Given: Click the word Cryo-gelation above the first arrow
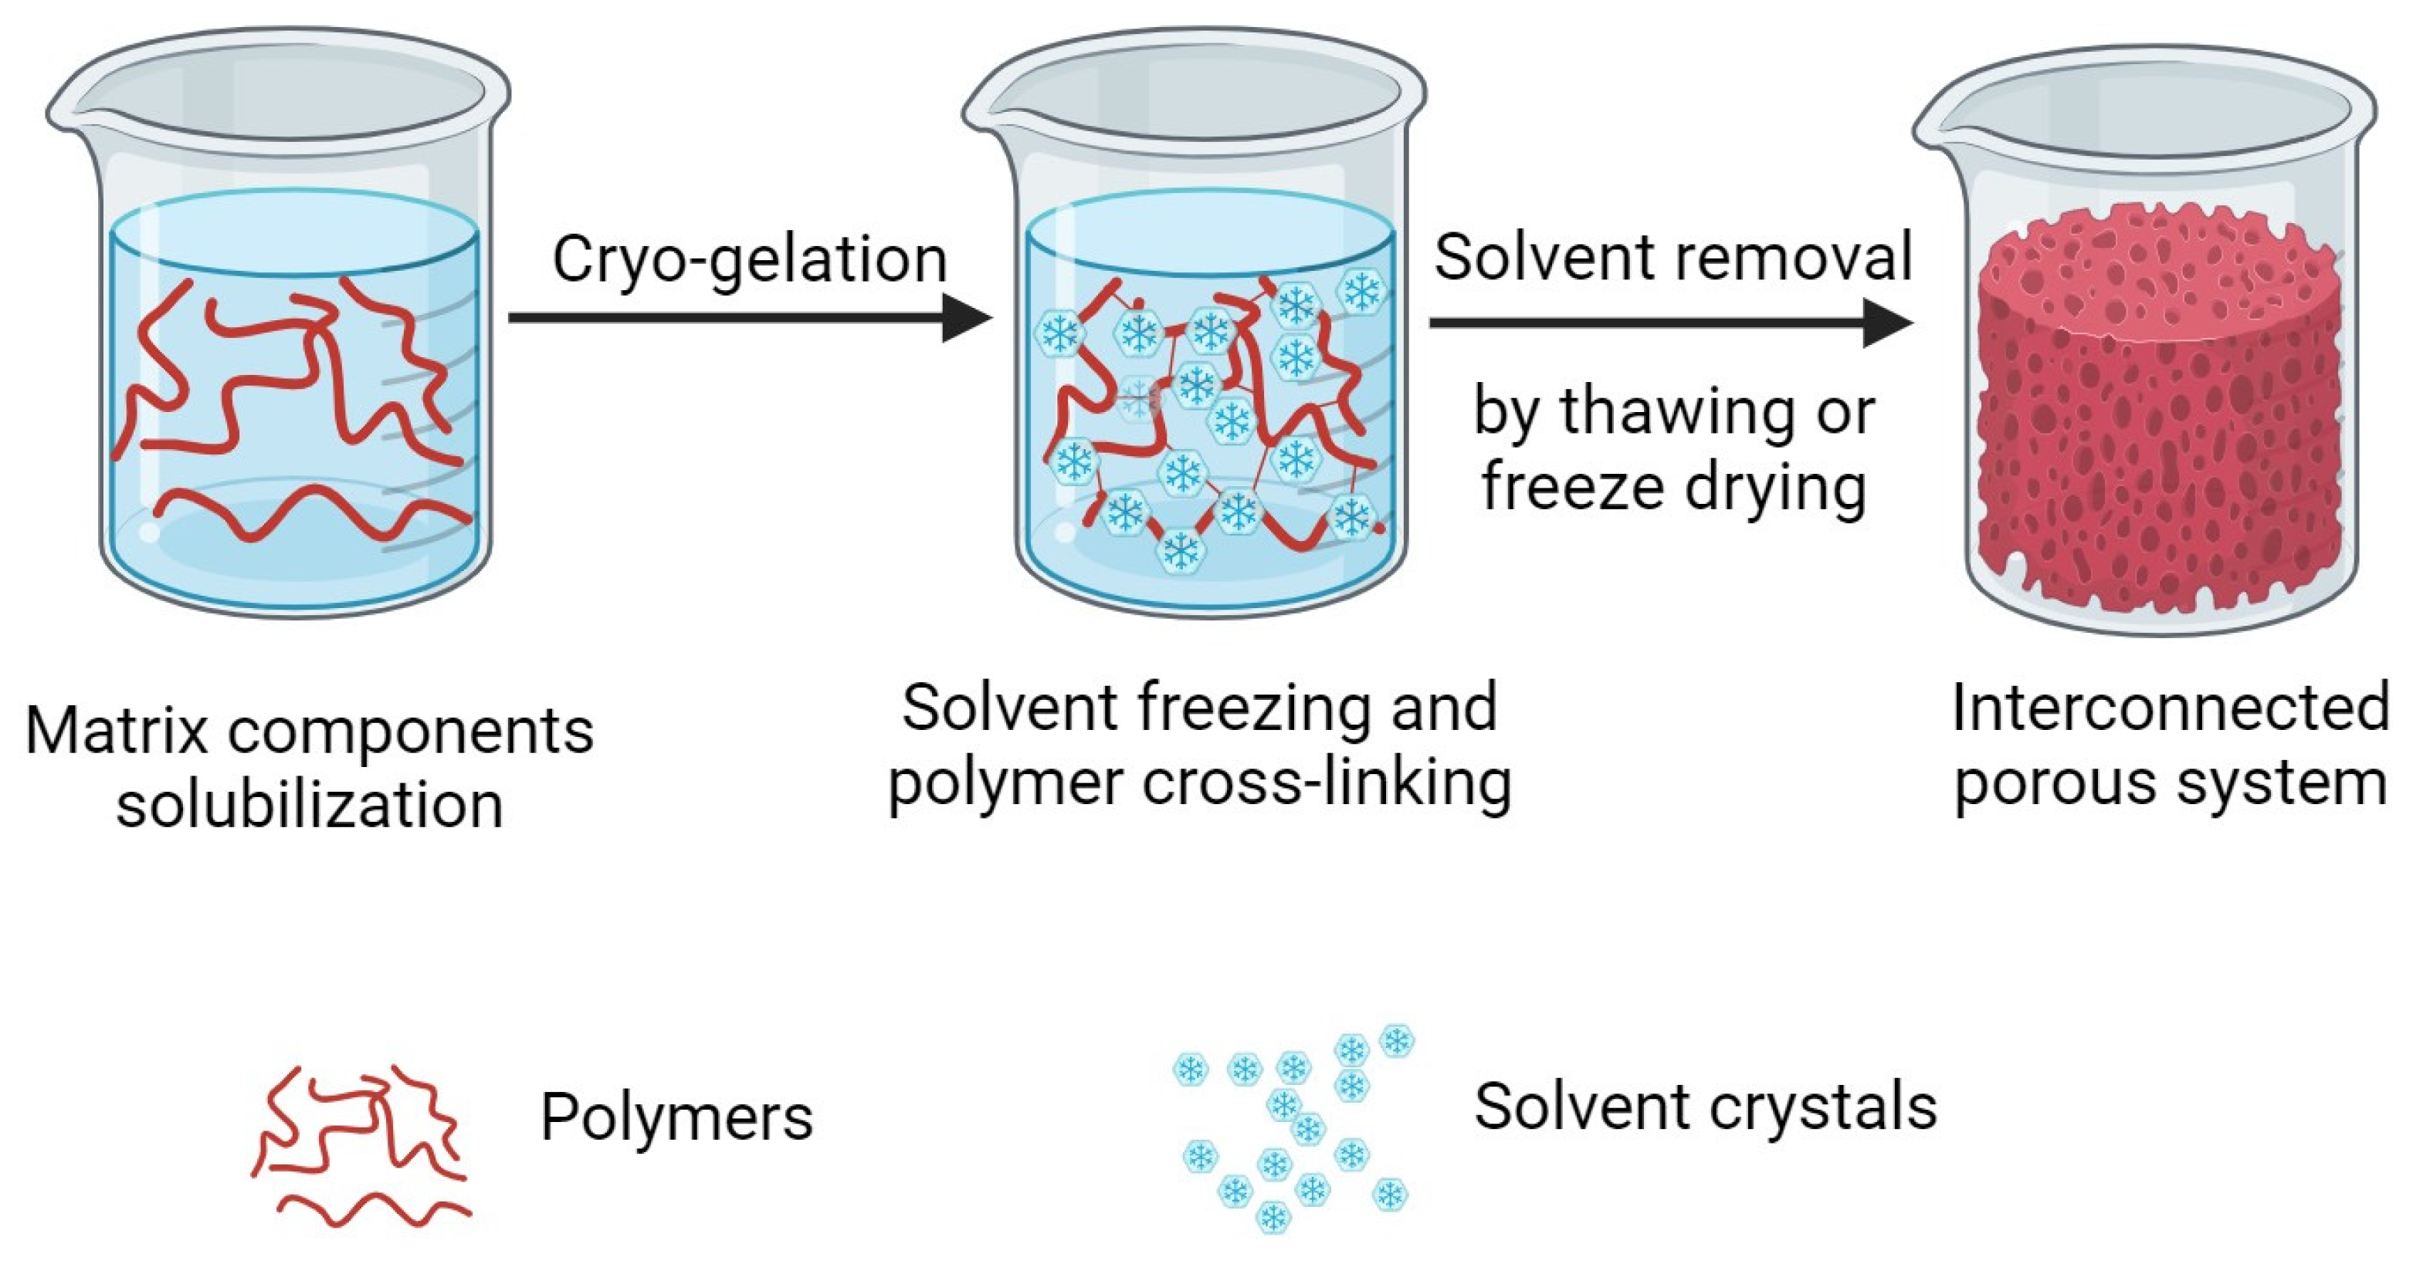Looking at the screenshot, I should [749, 259].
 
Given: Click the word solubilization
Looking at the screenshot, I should [309, 805].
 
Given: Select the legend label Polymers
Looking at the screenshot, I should [676, 1117].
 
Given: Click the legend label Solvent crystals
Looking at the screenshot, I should [1705, 1107].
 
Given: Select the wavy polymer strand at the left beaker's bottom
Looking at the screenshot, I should [309, 515].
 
